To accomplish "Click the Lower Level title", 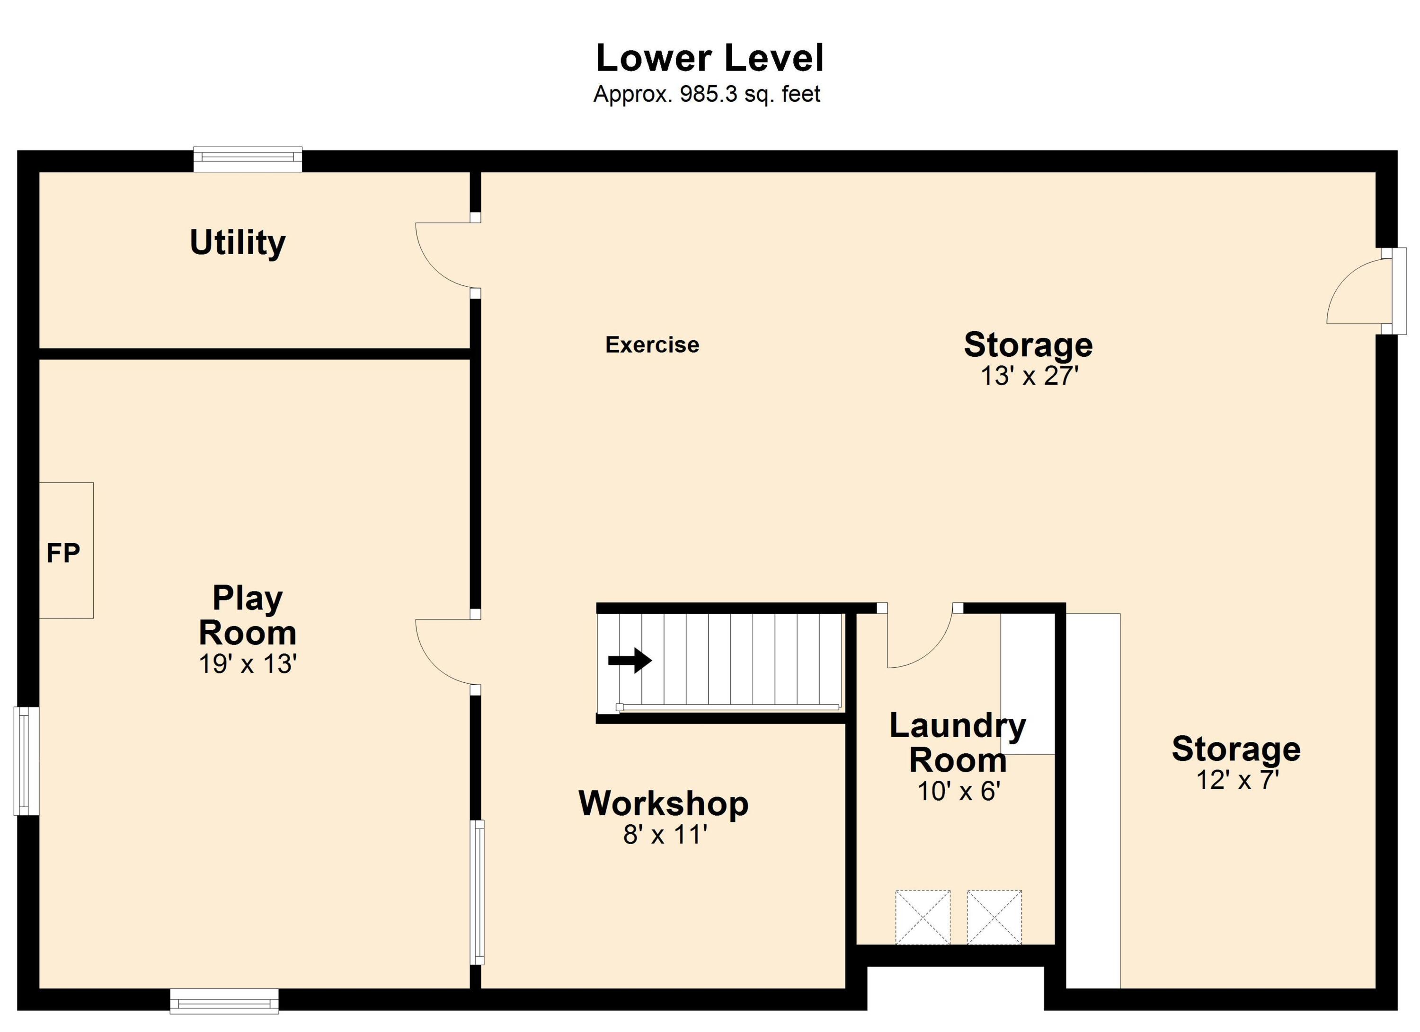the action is pyautogui.click(x=710, y=58).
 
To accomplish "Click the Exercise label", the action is pyautogui.click(x=652, y=345).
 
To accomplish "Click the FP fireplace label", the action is pyautogui.click(x=63, y=553).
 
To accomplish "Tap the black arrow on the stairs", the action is pyautogui.click(x=630, y=660).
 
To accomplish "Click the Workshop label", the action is pyautogui.click(x=664, y=803).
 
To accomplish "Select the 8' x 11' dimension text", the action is pyautogui.click(x=665, y=835).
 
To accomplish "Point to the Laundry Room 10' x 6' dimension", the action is pyautogui.click(x=958, y=792).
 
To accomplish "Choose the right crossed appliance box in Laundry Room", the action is pyautogui.click(x=994, y=917).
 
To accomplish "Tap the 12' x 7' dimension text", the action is pyautogui.click(x=1236, y=780).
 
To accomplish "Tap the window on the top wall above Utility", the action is pyautogui.click(x=248, y=159).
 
